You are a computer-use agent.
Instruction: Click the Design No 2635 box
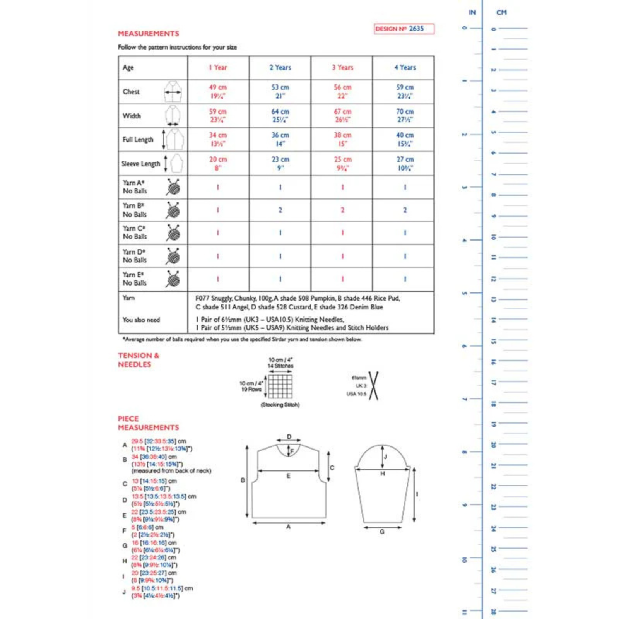[x=404, y=29]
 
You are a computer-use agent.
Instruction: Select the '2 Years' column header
[x=280, y=67]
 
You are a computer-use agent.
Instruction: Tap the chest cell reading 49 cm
[x=218, y=87]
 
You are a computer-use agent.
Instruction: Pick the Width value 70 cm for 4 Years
[x=405, y=111]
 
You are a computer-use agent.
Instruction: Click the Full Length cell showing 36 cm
[x=280, y=135]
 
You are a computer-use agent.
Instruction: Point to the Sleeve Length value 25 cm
[x=342, y=159]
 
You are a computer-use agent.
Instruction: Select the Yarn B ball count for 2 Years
[x=280, y=210]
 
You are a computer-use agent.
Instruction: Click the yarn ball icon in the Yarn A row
[x=173, y=187]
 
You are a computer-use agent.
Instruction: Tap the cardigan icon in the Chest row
[x=173, y=92]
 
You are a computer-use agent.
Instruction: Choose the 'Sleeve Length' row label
[x=140, y=164]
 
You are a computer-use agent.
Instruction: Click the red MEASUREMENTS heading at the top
[x=148, y=34]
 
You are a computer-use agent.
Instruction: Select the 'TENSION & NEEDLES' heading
[x=138, y=360]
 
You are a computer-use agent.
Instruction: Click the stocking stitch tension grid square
[x=280, y=386]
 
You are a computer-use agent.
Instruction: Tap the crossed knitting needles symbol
[x=373, y=386]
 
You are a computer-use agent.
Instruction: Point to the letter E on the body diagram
[x=288, y=476]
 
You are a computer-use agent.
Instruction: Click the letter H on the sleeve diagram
[x=382, y=474]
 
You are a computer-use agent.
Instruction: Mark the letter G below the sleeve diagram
[x=382, y=532]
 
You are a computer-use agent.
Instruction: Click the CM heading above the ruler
[x=501, y=12]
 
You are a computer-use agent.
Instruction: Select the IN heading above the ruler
[x=472, y=12]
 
